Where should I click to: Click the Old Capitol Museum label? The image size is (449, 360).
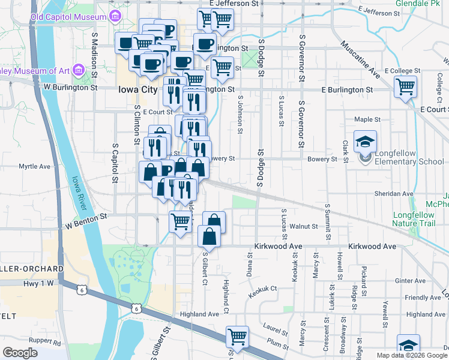pos(68,17)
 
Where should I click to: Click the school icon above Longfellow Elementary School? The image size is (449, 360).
pos(365,142)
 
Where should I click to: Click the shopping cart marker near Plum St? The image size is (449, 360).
pos(238,337)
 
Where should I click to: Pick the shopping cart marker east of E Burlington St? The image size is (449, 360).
pos(406,87)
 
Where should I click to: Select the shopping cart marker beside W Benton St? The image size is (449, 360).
pos(180,223)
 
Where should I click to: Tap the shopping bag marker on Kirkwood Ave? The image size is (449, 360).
pos(209,236)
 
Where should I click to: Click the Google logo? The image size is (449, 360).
pos(21,353)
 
